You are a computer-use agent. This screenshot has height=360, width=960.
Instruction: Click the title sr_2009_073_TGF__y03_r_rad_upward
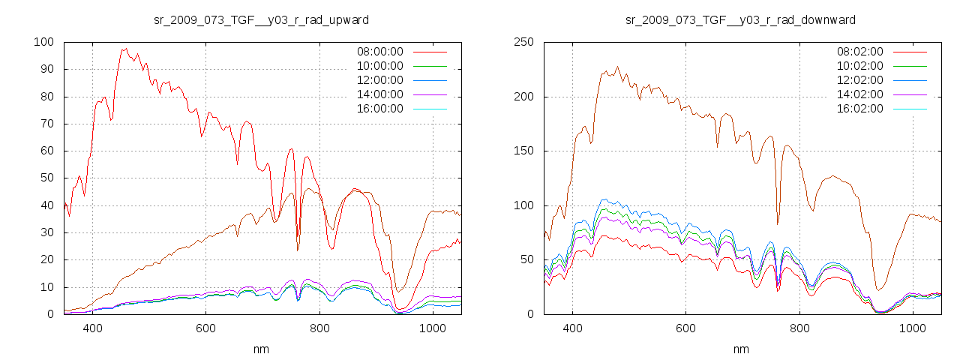click(261, 19)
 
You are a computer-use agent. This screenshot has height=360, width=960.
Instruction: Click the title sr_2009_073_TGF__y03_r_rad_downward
click(741, 19)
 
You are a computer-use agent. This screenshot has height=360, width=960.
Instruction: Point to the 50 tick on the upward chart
click(49, 178)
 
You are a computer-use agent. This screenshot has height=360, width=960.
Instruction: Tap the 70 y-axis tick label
click(49, 124)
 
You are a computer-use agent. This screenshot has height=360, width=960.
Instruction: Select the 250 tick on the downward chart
click(523, 42)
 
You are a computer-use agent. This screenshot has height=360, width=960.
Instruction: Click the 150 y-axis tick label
click(523, 151)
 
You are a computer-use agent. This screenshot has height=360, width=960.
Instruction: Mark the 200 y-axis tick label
click(523, 97)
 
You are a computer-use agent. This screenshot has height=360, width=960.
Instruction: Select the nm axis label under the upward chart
click(261, 349)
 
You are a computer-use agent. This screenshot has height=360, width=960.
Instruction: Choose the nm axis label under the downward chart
click(741, 349)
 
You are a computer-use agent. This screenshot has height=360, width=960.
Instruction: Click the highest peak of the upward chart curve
click(125, 49)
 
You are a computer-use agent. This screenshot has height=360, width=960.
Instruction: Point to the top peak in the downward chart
click(618, 67)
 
